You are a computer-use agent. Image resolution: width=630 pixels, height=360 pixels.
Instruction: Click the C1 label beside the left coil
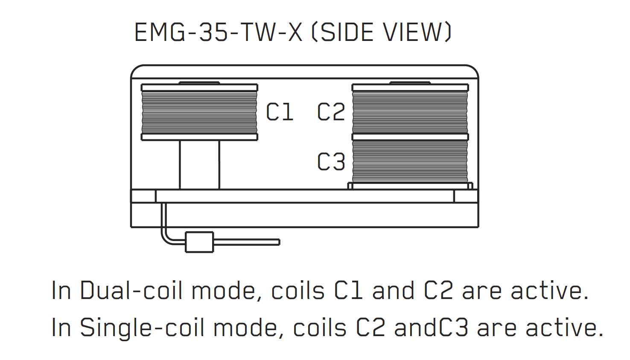(x=280, y=112)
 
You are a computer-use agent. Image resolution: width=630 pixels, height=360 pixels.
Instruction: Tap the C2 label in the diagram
(x=331, y=112)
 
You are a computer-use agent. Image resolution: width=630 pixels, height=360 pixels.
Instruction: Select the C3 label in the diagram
(x=331, y=162)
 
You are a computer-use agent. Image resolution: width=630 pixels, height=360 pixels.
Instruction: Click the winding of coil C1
(x=199, y=112)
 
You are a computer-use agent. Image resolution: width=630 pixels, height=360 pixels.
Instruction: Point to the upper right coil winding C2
(x=410, y=112)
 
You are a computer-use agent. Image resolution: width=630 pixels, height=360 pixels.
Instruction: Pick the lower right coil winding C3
(x=410, y=161)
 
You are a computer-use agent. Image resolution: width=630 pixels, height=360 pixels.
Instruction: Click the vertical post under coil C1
(x=199, y=165)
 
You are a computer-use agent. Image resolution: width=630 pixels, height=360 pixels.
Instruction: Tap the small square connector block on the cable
(x=199, y=242)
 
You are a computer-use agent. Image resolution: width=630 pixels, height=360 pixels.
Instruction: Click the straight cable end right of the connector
(x=247, y=242)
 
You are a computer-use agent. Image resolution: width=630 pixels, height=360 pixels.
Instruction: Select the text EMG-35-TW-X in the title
(x=219, y=32)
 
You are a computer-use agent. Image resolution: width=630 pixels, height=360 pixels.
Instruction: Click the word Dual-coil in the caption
(x=131, y=290)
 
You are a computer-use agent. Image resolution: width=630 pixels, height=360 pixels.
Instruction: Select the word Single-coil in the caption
(x=142, y=328)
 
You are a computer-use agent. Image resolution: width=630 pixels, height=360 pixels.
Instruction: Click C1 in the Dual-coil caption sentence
(x=348, y=290)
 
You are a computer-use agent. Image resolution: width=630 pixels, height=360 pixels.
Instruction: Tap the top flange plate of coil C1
(x=199, y=87)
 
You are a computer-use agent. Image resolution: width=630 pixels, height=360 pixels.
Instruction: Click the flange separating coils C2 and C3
(x=410, y=137)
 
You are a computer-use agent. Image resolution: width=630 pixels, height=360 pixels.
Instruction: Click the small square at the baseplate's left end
(x=143, y=196)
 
